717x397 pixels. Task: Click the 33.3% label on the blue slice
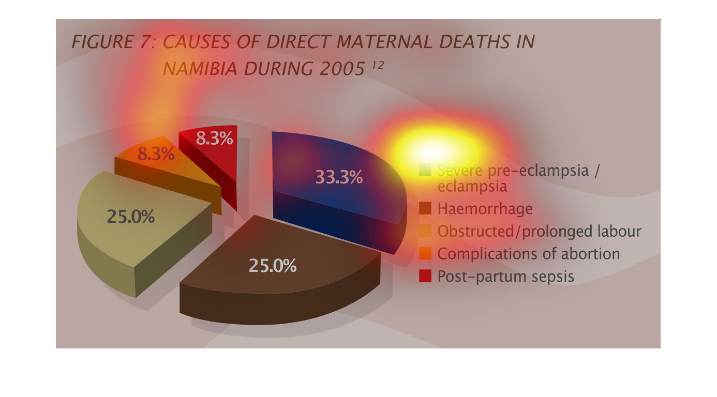click(x=339, y=177)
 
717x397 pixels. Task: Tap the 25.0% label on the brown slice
click(x=273, y=266)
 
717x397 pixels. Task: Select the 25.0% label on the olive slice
click(x=130, y=217)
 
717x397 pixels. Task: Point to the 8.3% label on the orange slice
click(x=156, y=154)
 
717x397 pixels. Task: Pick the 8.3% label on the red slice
click(x=214, y=139)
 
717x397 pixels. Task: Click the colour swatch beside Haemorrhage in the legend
click(x=425, y=208)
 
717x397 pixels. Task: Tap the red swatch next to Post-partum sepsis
click(x=425, y=276)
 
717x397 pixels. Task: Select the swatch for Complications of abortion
click(x=425, y=253)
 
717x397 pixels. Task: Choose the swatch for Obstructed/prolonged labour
click(x=425, y=231)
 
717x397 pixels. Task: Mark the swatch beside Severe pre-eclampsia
click(x=425, y=170)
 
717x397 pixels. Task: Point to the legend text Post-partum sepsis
click(x=506, y=277)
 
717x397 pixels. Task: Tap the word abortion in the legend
click(x=591, y=254)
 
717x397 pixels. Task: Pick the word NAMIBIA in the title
click(x=200, y=69)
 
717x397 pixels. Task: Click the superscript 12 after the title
click(x=378, y=65)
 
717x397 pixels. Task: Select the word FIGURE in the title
click(x=102, y=42)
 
